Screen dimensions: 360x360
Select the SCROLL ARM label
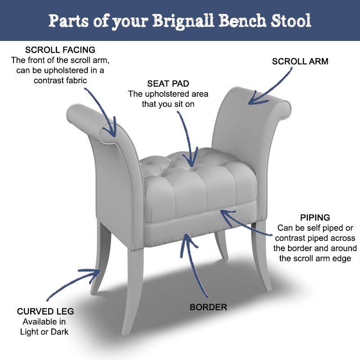(x=300, y=61)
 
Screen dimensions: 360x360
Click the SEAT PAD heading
(x=168, y=84)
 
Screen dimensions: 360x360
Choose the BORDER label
(x=208, y=308)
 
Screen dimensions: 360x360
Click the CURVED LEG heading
(x=45, y=311)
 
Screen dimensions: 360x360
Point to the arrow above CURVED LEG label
(x=72, y=281)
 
